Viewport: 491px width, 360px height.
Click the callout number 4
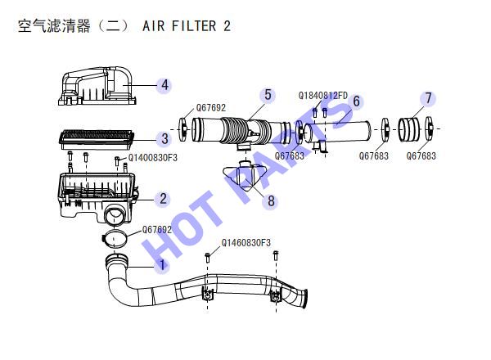click(x=164, y=85)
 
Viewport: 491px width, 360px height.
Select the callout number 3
click(x=164, y=138)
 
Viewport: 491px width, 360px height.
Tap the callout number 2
click(x=163, y=199)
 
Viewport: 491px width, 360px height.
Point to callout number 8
click(x=271, y=201)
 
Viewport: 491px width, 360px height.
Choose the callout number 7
click(x=428, y=98)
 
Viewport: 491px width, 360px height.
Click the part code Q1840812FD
click(x=323, y=96)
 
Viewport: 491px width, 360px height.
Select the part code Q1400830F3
click(x=153, y=157)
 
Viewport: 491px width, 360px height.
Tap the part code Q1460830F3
click(x=245, y=243)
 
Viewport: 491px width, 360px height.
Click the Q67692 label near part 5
click(x=211, y=108)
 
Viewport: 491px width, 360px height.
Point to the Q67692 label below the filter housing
click(x=157, y=230)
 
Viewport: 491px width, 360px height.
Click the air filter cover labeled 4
click(x=97, y=85)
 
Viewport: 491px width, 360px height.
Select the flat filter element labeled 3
click(x=97, y=138)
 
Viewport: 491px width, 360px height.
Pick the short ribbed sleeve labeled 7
click(x=408, y=128)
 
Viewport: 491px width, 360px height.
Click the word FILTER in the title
click(x=194, y=26)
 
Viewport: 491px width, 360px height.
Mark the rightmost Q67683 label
click(x=421, y=156)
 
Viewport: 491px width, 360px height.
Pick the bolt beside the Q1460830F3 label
click(x=208, y=258)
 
